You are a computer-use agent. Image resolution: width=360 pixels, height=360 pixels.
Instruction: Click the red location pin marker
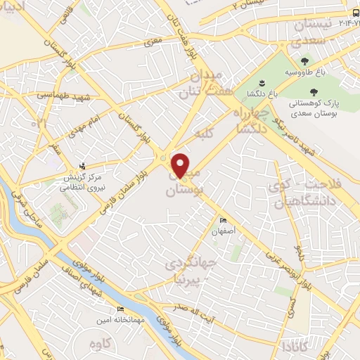(181, 165)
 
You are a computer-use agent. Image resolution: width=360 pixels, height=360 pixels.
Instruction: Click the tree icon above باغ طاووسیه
(304, 61)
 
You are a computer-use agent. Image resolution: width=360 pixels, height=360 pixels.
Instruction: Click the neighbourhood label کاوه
(102, 344)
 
